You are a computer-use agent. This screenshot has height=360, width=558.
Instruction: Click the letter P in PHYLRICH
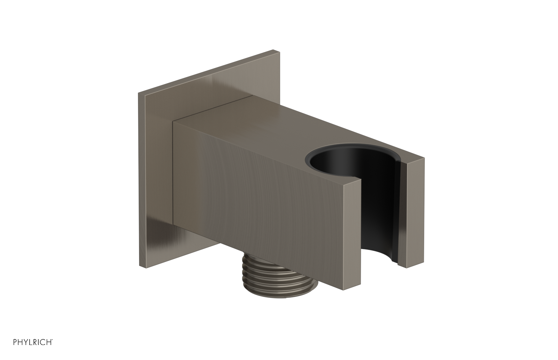tap(6, 350)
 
